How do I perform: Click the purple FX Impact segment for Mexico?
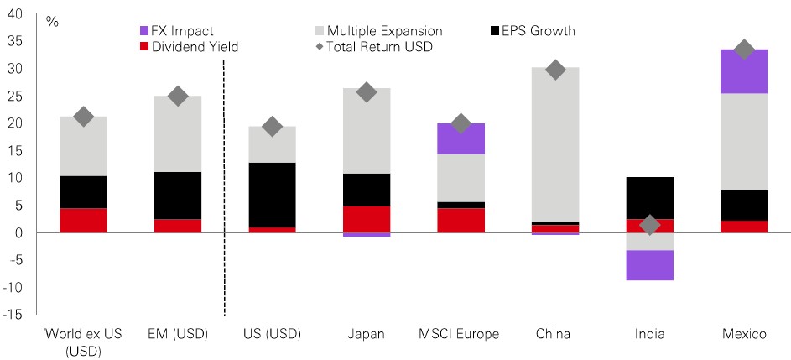tap(743, 71)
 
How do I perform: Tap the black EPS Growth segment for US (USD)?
tap(272, 195)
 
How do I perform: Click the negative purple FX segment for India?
tap(649, 265)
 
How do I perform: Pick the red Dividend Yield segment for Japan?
tap(366, 219)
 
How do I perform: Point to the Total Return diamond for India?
tap(649, 225)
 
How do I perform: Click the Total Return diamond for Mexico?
tap(743, 50)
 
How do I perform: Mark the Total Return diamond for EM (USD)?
tap(177, 96)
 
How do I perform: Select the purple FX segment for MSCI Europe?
tap(461, 138)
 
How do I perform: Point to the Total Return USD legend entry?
tap(377, 47)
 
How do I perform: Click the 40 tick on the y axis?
tap(15, 13)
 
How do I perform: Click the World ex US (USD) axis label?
tap(83, 341)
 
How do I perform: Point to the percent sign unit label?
tap(52, 23)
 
